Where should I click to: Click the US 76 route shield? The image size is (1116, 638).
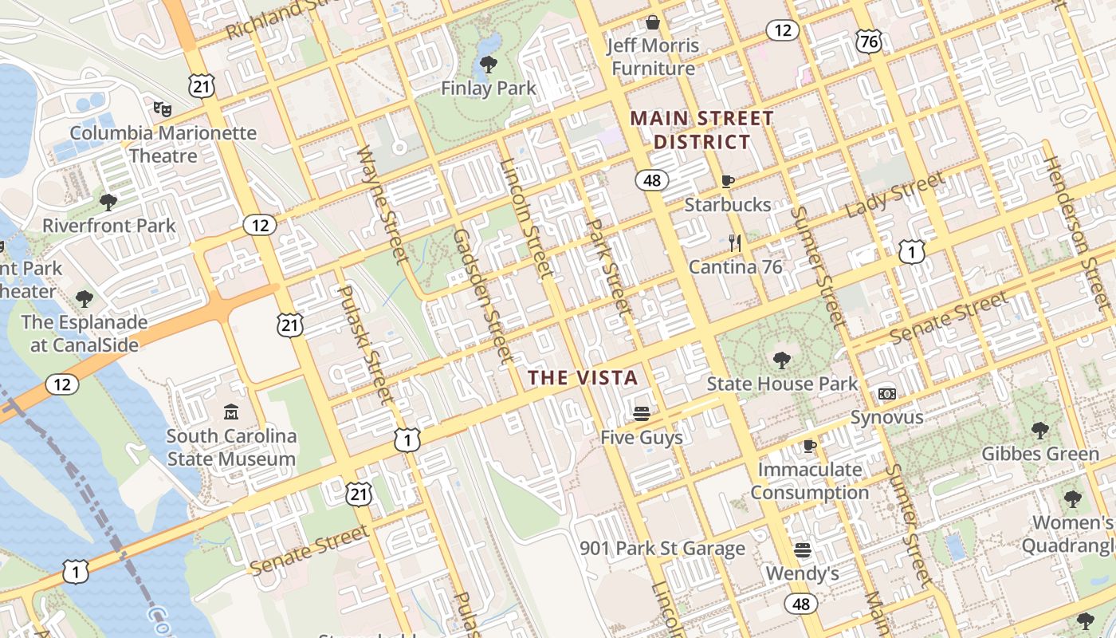[870, 41]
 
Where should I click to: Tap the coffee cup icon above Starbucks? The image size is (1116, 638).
[727, 181]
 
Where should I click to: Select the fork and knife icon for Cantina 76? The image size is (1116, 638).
[735, 243]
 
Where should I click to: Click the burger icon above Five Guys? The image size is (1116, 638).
[642, 413]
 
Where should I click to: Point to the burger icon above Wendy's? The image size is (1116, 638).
[803, 549]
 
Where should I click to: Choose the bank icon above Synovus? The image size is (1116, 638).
[886, 394]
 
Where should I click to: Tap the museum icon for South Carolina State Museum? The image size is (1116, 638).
[231, 412]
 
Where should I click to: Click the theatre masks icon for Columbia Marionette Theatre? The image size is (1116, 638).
[163, 108]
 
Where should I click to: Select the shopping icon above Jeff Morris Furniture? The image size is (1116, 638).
[653, 22]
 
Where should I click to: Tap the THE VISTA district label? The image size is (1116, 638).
[584, 378]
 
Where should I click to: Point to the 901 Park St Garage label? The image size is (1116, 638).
[662, 549]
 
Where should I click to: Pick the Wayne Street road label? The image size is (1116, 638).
[382, 203]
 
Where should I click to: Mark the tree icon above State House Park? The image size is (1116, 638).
[782, 360]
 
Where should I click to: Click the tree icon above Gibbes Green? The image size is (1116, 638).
[1039, 431]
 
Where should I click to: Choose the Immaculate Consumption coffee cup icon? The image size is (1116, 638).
[810, 446]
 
